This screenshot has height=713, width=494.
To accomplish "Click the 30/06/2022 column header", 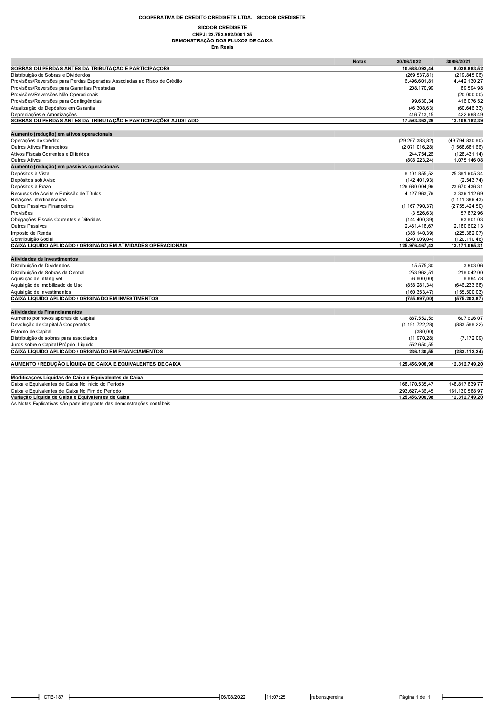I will click(409, 62).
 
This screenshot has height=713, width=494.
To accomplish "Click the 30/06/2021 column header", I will click(458, 62).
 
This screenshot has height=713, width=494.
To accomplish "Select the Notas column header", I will click(359, 62).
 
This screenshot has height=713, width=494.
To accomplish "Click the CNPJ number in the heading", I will click(222, 34).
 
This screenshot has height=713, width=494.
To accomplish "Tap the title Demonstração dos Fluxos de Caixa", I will click(222, 40).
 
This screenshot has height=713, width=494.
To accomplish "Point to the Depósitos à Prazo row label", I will click(31, 187).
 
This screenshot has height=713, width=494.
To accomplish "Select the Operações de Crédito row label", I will click(35, 141).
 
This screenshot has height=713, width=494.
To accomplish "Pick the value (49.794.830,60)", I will click(465, 141).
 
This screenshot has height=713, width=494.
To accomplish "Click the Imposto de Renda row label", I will click(31, 233).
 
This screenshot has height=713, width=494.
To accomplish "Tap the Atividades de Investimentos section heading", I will click(44, 259).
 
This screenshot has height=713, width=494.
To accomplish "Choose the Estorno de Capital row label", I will click(31, 331).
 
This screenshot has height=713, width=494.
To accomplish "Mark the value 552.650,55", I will click(421, 345).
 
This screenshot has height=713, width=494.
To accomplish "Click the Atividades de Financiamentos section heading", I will click(46, 312).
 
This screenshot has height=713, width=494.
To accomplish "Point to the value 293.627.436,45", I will click(416, 391).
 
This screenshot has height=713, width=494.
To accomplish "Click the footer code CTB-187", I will click(53, 697).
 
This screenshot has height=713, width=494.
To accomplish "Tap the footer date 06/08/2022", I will click(233, 697).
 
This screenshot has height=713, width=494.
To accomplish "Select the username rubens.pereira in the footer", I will click(327, 697).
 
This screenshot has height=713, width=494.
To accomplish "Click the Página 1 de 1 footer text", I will click(414, 697).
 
